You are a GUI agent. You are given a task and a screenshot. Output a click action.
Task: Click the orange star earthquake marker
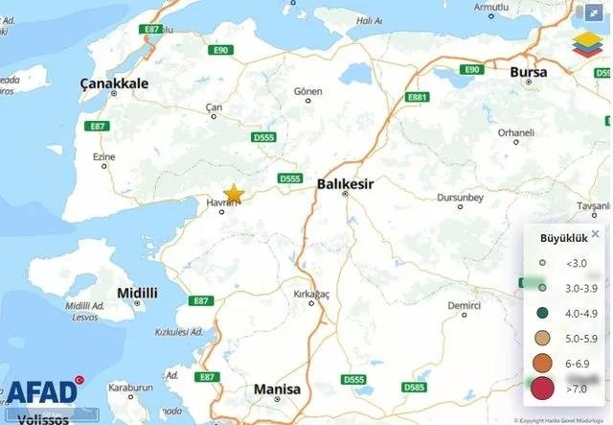pos(234,194)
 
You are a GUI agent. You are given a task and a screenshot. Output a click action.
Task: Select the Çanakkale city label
pos(115,83)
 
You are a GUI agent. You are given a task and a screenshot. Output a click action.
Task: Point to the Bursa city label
pos(528,72)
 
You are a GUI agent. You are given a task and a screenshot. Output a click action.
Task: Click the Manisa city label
pos(277,390)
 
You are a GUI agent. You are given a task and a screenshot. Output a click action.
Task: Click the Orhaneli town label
pos(515,131)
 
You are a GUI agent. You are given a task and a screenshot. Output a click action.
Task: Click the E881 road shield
pos(417,97)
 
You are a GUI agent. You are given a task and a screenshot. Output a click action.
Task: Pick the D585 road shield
pos(415,388)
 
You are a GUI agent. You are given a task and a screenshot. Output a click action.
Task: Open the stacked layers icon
pos(583,42)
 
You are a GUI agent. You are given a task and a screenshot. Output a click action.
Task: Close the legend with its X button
pos(595,233)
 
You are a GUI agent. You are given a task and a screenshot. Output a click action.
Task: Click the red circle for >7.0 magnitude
pos(542,389)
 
